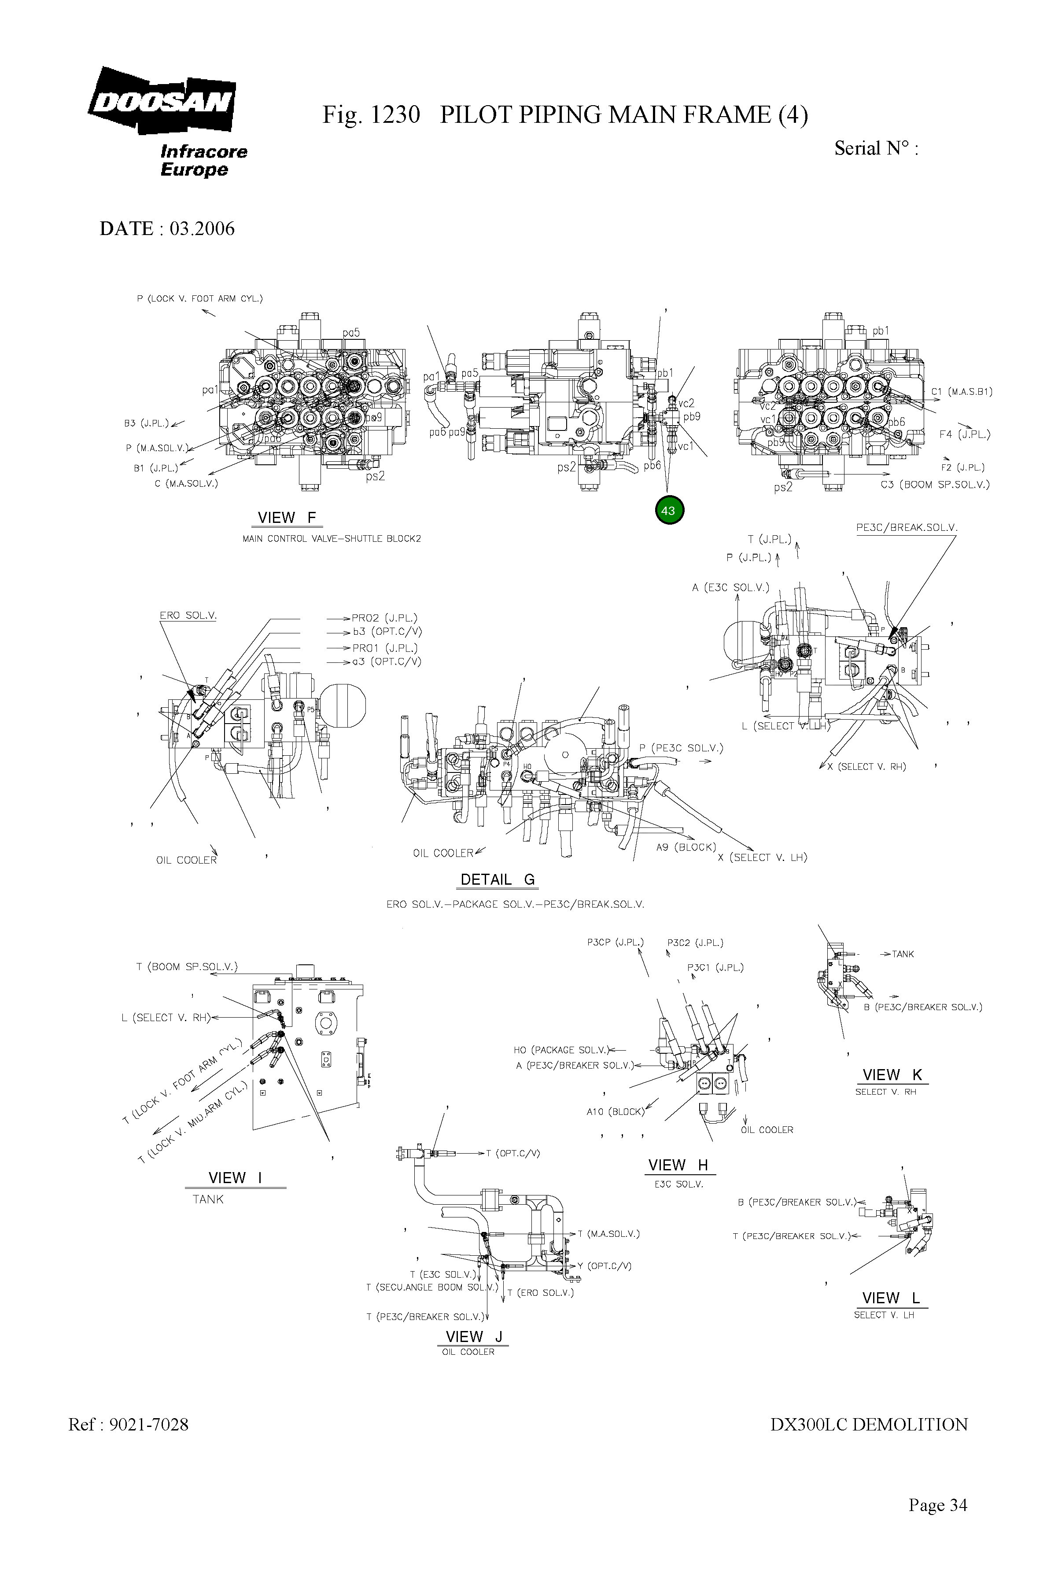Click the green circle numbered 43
tap(669, 511)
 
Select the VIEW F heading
tap(287, 517)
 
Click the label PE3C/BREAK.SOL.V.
tap(906, 527)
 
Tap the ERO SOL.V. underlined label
tap(188, 615)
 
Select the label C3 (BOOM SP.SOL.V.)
tap(935, 484)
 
